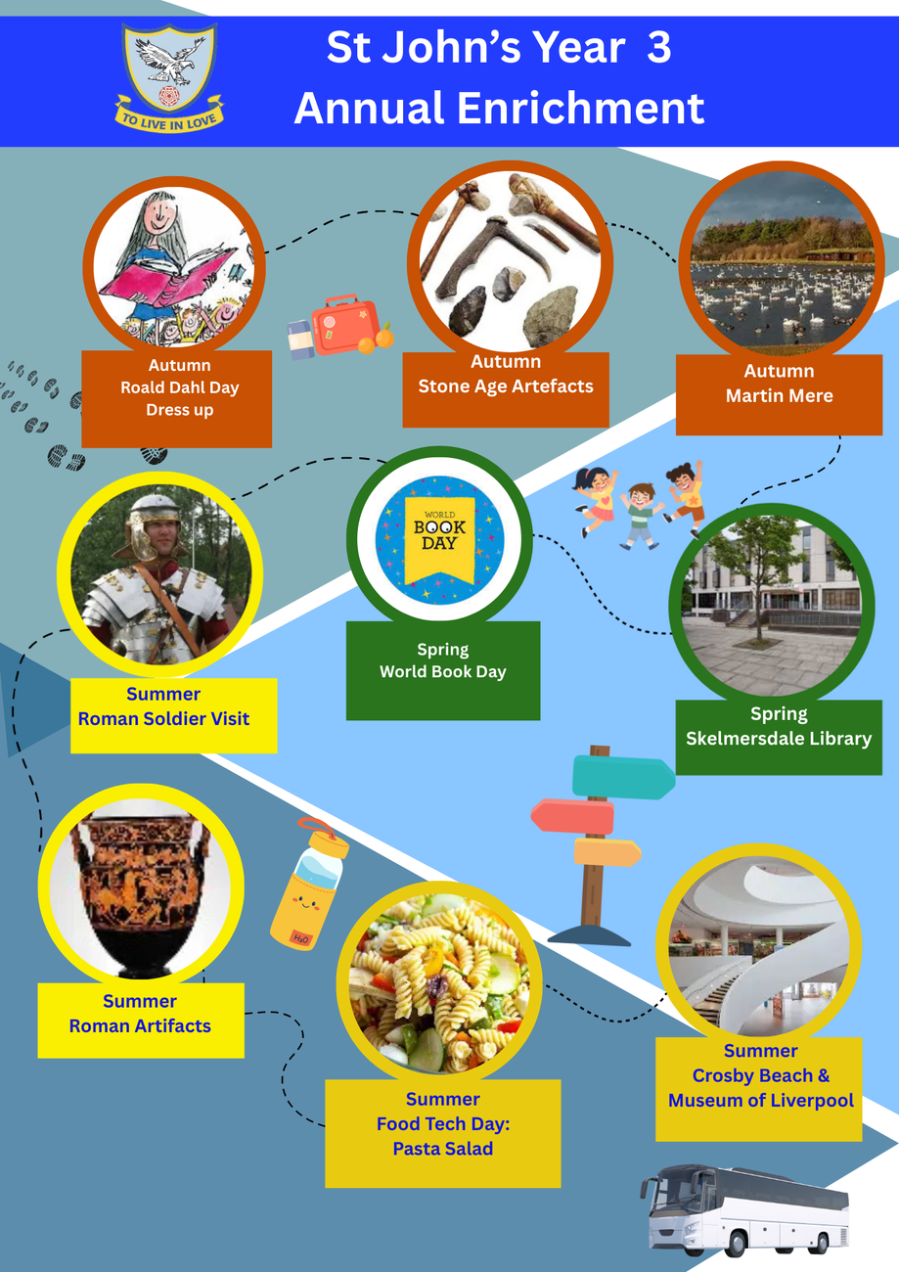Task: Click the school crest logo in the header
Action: click(x=169, y=76)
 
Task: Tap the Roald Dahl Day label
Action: click(x=179, y=387)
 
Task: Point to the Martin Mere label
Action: click(x=779, y=395)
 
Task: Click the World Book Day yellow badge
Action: click(x=439, y=539)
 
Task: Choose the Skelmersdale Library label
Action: click(x=779, y=739)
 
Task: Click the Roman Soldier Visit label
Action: click(x=163, y=718)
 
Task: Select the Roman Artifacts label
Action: click(x=140, y=1025)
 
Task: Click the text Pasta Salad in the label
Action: click(x=442, y=1149)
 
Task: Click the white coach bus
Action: click(x=746, y=1209)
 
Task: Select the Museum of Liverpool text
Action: click(x=760, y=1101)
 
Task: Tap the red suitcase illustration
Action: click(x=343, y=326)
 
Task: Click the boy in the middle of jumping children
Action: click(x=640, y=515)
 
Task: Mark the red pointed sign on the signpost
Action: click(x=573, y=816)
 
